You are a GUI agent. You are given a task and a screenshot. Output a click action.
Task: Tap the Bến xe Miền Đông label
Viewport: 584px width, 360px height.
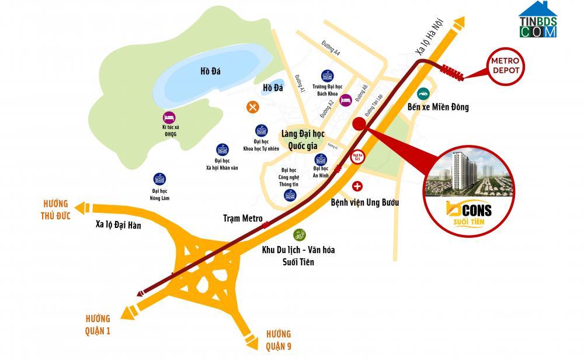[438, 107]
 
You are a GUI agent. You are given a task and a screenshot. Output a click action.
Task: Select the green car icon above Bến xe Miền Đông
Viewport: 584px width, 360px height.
[422, 92]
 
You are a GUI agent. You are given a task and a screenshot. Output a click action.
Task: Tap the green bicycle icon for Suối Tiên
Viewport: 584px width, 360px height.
[298, 235]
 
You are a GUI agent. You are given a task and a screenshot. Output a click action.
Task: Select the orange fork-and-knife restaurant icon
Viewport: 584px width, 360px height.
[252, 106]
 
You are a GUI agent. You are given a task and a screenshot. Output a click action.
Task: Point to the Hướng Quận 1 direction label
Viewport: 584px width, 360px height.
[96, 325]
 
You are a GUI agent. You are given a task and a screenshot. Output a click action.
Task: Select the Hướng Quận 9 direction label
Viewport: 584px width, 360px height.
[279, 340]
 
